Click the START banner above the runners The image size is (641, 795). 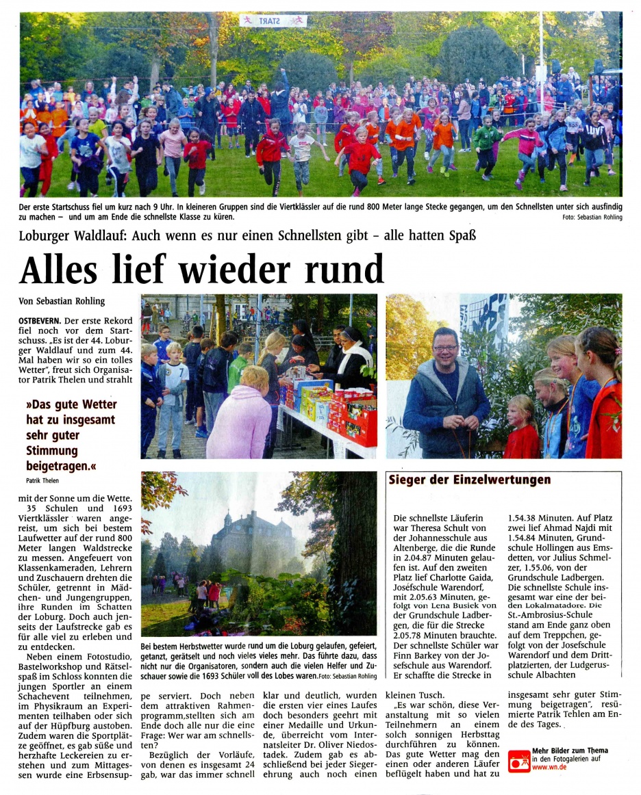pos(273,21)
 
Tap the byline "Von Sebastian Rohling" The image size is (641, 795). pos(62,301)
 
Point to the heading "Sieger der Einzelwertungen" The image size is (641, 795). pos(469,480)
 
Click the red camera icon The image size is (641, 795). pos(518,761)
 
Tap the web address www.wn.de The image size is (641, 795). pos(549,767)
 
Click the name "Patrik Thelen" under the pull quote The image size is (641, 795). pos(42,480)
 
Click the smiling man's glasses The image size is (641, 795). pos(446,348)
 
